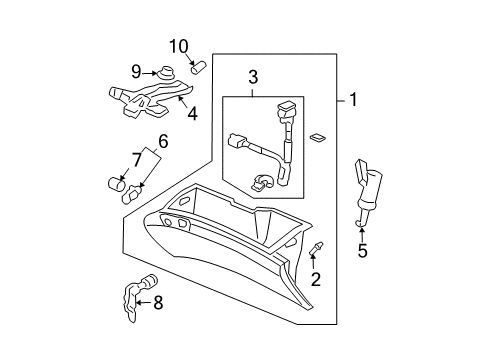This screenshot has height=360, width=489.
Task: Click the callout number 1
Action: [x=353, y=101]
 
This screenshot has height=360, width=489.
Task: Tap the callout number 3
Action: [x=254, y=77]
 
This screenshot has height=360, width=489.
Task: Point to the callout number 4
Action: [x=191, y=113]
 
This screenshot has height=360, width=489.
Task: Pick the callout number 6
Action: [x=164, y=141]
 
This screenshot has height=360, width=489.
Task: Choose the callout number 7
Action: [x=137, y=159]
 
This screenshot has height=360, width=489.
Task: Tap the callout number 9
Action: [x=138, y=72]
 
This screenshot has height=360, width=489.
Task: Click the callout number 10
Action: [x=178, y=46]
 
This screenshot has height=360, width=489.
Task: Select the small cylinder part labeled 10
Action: [x=197, y=68]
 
